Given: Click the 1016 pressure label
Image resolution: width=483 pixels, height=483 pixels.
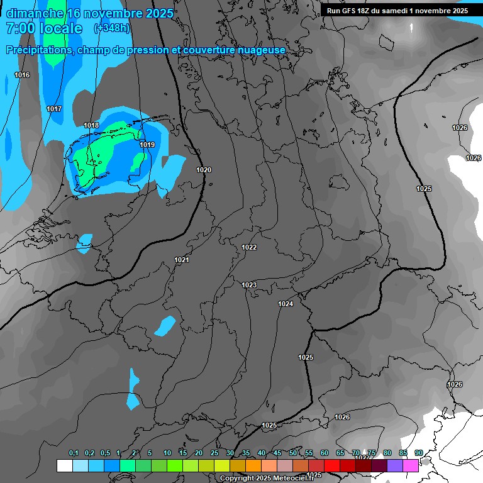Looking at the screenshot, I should [x=22, y=75].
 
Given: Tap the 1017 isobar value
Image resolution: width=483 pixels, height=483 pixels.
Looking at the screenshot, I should [x=54, y=109].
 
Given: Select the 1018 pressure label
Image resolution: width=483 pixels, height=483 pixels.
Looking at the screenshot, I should [x=91, y=126].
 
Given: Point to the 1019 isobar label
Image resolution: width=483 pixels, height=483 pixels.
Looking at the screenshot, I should [x=147, y=145].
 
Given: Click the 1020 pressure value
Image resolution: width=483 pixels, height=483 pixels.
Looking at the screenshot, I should [x=204, y=170].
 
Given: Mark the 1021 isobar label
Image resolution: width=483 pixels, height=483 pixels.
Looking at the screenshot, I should [x=182, y=260].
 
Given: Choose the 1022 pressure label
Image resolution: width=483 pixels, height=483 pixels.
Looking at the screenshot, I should [x=249, y=248].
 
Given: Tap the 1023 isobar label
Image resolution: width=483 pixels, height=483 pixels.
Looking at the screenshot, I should [x=249, y=286].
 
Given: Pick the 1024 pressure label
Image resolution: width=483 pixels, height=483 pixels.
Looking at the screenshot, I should [x=286, y=304].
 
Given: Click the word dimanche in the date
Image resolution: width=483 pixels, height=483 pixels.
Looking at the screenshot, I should [x=34, y=13].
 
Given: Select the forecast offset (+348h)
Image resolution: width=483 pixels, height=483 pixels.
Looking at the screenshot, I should [x=111, y=28].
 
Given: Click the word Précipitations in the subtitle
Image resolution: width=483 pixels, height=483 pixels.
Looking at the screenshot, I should [x=38, y=50].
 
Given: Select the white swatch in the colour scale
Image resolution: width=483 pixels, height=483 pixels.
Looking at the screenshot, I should [x=64, y=465].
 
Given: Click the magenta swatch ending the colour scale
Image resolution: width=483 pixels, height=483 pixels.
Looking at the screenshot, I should [x=411, y=465].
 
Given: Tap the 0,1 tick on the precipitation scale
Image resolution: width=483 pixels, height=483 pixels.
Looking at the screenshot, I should [x=74, y=453].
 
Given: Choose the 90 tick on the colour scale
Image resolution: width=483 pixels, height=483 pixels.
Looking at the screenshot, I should [x=418, y=453].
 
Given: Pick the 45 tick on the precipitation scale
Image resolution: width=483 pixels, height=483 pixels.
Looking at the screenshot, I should [x=277, y=453].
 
